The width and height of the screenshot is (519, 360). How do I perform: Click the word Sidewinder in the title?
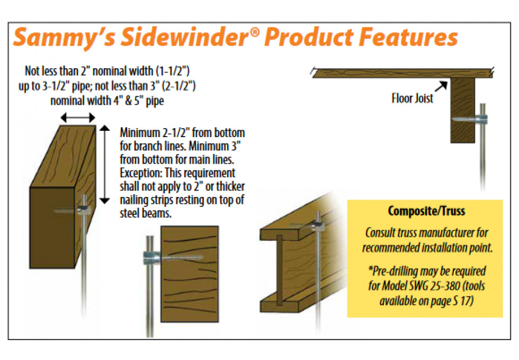[185, 37]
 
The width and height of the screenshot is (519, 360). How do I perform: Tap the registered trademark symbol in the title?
[255, 32]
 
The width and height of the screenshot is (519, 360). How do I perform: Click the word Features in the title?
[408, 37]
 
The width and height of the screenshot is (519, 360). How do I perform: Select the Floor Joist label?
[412, 98]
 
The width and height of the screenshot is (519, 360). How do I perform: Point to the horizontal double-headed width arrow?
[78, 118]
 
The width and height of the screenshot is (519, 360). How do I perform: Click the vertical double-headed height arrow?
[105, 165]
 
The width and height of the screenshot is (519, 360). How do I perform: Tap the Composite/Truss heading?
[426, 211]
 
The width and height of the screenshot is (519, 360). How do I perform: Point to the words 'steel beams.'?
[146, 213]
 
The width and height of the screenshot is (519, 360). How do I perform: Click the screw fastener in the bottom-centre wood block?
[173, 257]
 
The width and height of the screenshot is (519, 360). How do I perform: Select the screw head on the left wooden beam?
[84, 210]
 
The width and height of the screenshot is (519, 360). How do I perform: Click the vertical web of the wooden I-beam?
[280, 269]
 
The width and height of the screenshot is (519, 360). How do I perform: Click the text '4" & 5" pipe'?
[139, 101]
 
